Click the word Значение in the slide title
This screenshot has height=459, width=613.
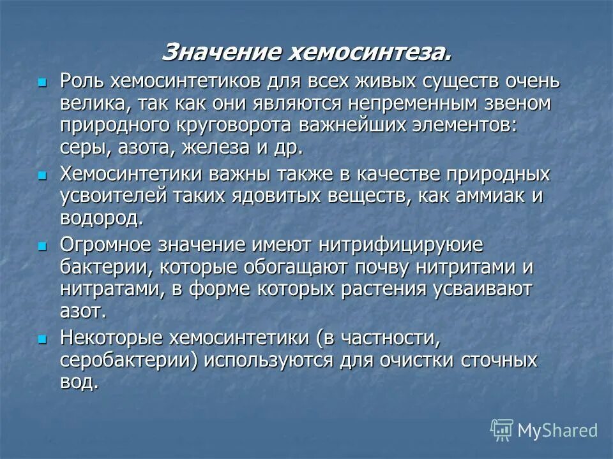point(220,51)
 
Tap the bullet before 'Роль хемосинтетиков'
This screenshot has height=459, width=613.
point(43,83)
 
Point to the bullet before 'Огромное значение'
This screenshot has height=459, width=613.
point(43,245)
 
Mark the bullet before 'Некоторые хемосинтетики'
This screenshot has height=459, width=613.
point(43,338)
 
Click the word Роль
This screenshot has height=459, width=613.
point(82,82)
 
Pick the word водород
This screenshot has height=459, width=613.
point(99,219)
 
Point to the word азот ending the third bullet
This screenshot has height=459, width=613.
point(80,310)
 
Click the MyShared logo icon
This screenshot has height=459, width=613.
point(502,430)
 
